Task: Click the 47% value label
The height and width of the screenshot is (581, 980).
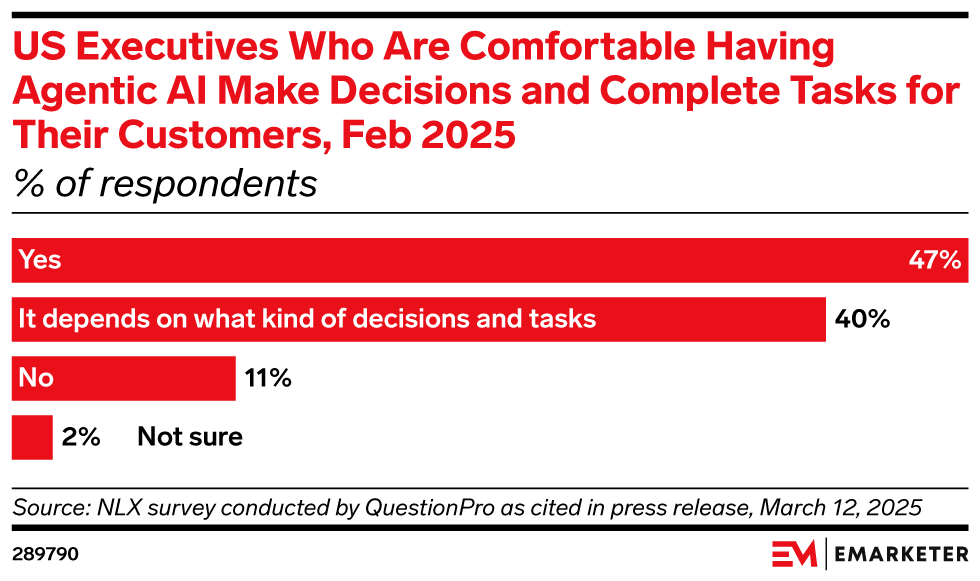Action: pyautogui.click(x=934, y=261)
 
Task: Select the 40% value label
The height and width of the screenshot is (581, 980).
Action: pyautogui.click(x=863, y=320)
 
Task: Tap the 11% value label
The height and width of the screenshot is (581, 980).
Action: pyautogui.click(x=266, y=379)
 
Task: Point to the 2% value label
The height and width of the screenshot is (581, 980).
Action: pyautogui.click(x=81, y=437)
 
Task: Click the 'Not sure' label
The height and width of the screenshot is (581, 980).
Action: pyautogui.click(x=190, y=437)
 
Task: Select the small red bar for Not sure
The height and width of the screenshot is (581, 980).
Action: pyautogui.click(x=32, y=437)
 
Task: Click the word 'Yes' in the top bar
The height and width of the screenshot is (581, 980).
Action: pyautogui.click(x=39, y=261)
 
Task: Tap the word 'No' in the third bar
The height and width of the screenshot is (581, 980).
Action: pyautogui.click(x=36, y=379)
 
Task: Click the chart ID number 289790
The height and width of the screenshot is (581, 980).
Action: pyautogui.click(x=46, y=553)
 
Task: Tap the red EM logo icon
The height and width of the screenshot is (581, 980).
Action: pyautogui.click(x=794, y=553)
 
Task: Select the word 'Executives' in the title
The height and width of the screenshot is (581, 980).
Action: pyautogui.click(x=171, y=47)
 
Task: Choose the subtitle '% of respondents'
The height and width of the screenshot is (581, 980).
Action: pyautogui.click(x=164, y=184)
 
